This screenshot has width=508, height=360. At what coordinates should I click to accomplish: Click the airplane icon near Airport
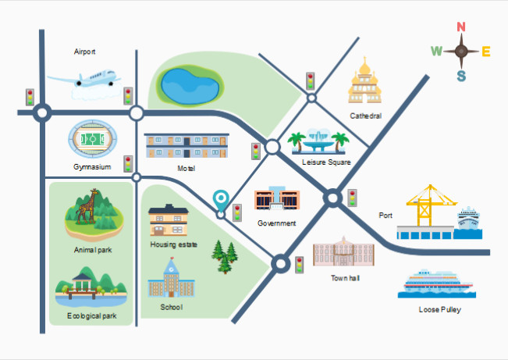(x=85, y=80)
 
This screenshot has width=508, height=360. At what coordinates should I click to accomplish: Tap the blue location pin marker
(x=221, y=201)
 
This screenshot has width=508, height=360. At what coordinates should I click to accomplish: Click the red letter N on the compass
(x=461, y=27)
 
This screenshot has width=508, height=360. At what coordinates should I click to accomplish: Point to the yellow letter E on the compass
(x=486, y=52)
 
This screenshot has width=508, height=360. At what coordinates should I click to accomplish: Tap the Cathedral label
(x=365, y=116)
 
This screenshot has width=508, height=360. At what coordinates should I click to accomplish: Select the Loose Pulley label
(x=439, y=309)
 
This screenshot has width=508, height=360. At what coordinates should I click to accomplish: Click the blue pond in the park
(x=190, y=86)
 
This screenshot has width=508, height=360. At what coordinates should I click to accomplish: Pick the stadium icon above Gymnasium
(x=93, y=140)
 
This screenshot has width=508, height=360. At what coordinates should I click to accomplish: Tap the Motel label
(x=187, y=169)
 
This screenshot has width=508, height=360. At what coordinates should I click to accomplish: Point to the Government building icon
(x=277, y=198)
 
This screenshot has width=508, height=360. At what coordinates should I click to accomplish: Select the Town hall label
(x=345, y=278)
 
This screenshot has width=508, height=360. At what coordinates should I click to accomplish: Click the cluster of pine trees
(x=225, y=257)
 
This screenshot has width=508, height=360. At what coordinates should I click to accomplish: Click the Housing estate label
(x=174, y=244)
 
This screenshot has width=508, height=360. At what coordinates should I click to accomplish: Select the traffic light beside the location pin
(x=237, y=212)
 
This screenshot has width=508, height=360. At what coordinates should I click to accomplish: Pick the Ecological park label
(x=91, y=316)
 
